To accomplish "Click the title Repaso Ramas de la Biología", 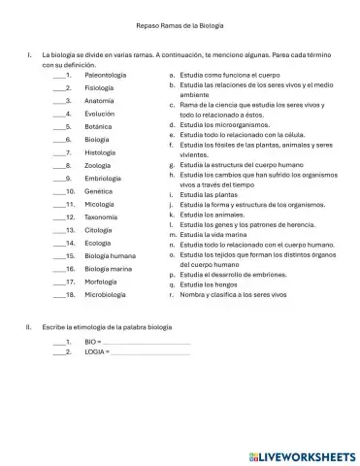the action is (180, 26).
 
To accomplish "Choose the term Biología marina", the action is (109, 269).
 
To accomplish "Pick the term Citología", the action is (101, 230).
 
